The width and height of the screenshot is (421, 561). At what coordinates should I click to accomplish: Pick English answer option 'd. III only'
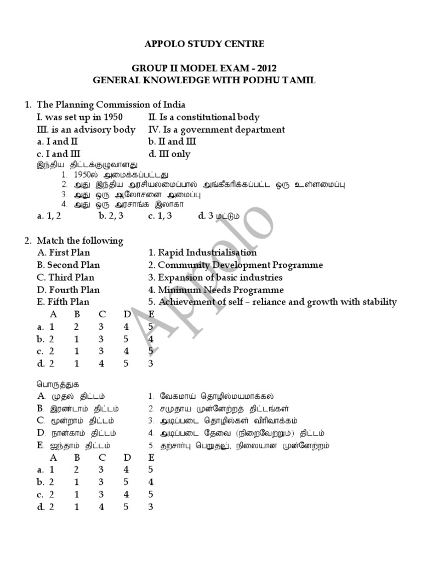pyautogui.click(x=169, y=154)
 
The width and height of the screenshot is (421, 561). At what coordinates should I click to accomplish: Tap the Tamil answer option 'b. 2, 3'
pyautogui.click(x=110, y=216)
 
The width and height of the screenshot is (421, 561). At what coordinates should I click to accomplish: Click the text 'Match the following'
pyautogui.click(x=80, y=241)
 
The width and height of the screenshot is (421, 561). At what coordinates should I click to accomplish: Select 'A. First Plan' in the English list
pyautogui.click(x=63, y=253)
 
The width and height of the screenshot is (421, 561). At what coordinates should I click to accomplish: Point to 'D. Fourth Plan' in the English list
pyautogui.click(x=65, y=290)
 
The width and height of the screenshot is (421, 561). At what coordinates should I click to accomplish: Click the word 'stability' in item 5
pyautogui.click(x=379, y=302)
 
